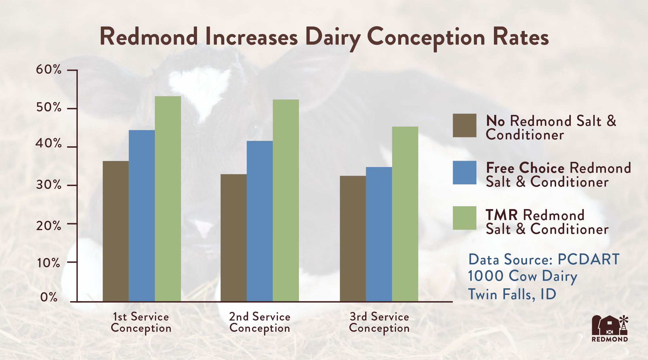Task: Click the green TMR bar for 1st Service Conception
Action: (x=168, y=199)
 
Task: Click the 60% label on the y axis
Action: (x=49, y=70)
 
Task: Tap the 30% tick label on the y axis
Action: (x=49, y=185)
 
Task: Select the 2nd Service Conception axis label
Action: (x=260, y=322)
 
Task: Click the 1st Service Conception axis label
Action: (x=141, y=322)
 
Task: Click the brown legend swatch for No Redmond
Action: (x=464, y=125)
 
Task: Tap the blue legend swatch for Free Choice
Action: (x=464, y=173)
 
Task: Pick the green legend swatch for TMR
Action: (x=464, y=218)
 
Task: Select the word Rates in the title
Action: (x=521, y=37)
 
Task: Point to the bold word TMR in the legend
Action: (x=502, y=215)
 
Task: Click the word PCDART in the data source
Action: (x=588, y=259)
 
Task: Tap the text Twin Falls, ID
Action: (x=512, y=294)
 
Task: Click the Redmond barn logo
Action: (x=610, y=328)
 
